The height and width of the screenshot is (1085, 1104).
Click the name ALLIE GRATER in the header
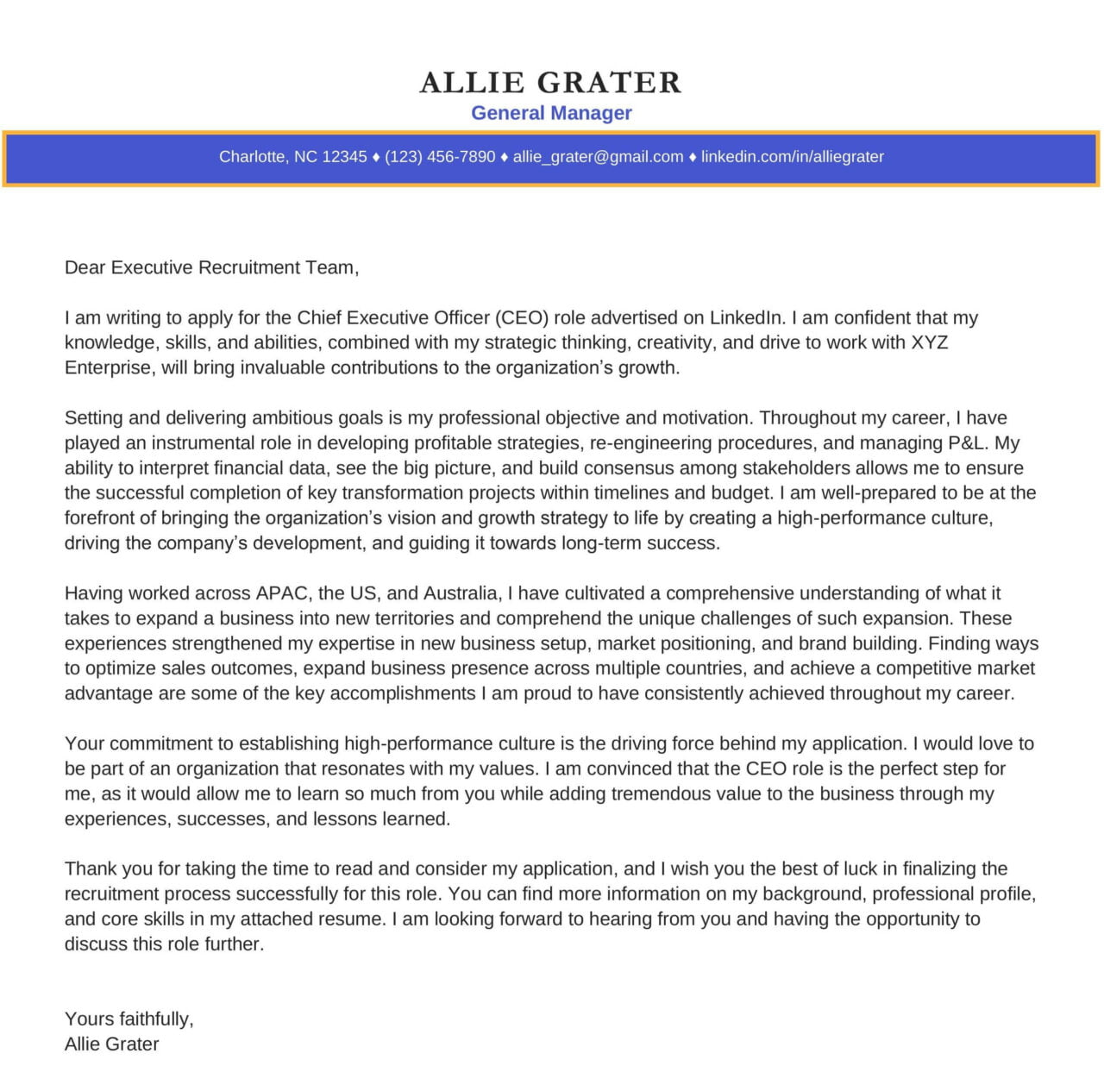pos(550,83)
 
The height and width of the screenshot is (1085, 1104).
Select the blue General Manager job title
pos(551,113)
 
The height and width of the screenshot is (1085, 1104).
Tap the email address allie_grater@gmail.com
pos(598,157)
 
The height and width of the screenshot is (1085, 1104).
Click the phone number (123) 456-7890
pos(440,157)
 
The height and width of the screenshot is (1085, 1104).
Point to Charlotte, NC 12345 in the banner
pos(292,157)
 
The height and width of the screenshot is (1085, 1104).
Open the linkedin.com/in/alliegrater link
pos(792,157)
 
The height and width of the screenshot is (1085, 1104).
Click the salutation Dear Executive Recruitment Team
pos(211,267)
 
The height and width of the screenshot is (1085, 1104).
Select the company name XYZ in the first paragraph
pos(929,342)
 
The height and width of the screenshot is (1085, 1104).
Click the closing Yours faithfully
pos(129,1019)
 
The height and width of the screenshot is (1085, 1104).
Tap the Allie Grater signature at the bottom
pos(111,1044)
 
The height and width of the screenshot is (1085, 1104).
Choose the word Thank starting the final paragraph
pos(91,869)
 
